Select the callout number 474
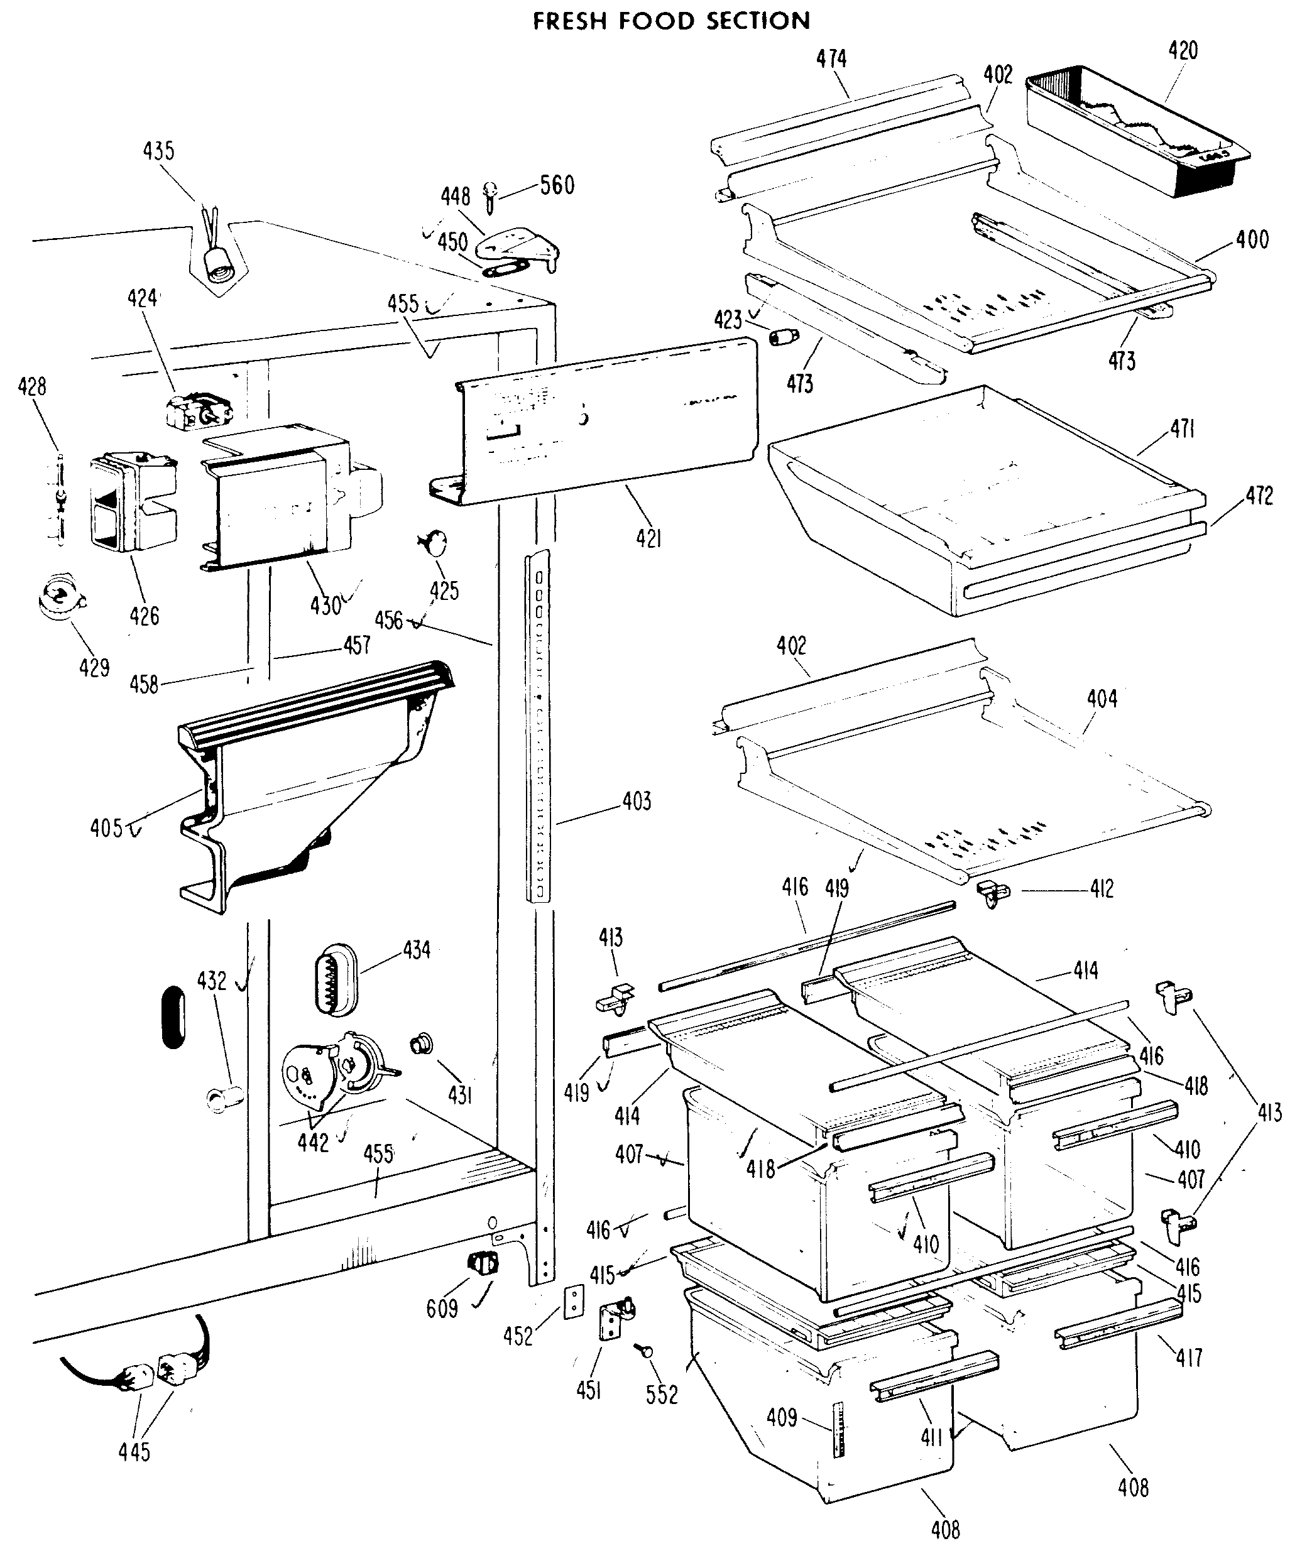tap(831, 58)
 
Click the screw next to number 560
tap(491, 194)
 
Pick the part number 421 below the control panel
tap(649, 538)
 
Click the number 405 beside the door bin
tap(106, 828)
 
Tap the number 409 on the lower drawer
tap(782, 1417)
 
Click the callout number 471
tap(1183, 428)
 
